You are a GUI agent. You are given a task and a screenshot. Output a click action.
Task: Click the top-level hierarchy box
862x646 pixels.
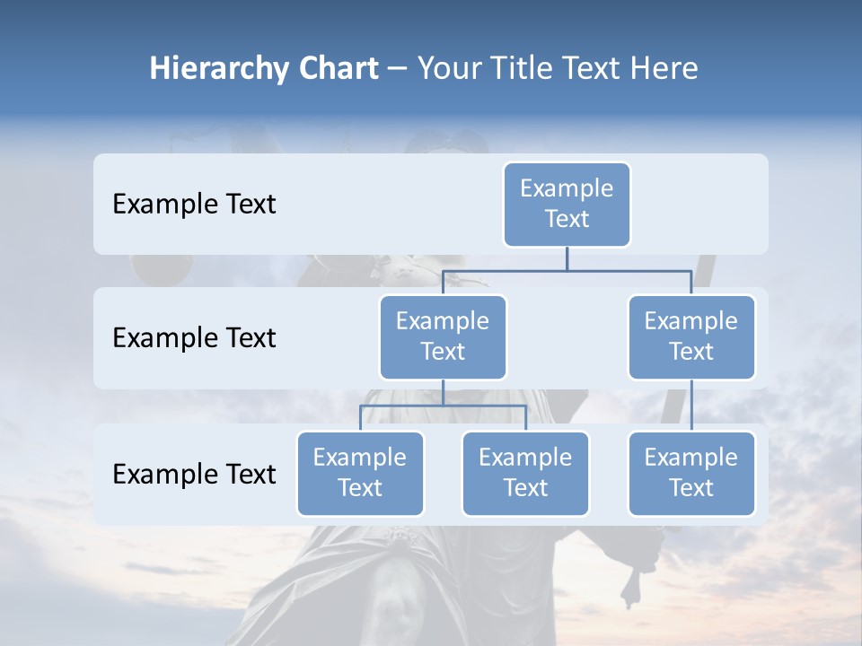(x=567, y=204)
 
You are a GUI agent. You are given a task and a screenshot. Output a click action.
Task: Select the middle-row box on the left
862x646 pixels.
(x=443, y=336)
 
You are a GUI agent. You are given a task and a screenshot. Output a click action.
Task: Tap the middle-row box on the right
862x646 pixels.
(x=691, y=336)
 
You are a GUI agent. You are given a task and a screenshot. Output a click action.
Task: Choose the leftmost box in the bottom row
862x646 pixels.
(x=360, y=473)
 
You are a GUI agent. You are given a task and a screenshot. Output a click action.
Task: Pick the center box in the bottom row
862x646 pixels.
(x=525, y=473)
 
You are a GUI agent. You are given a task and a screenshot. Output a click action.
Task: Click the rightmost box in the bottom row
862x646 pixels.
(x=691, y=473)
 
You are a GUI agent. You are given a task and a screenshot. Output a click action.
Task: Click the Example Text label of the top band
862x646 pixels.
(x=194, y=205)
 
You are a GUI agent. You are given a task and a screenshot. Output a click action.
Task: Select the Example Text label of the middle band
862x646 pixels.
(x=194, y=338)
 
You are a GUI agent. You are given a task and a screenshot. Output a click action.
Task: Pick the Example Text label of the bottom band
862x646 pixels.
(x=194, y=474)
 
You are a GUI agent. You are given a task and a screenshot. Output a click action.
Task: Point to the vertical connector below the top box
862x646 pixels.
(x=567, y=258)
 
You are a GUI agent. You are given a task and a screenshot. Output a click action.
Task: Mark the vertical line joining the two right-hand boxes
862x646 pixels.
(x=691, y=405)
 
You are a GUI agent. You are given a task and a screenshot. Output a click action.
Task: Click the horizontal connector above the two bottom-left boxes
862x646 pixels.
(x=443, y=406)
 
